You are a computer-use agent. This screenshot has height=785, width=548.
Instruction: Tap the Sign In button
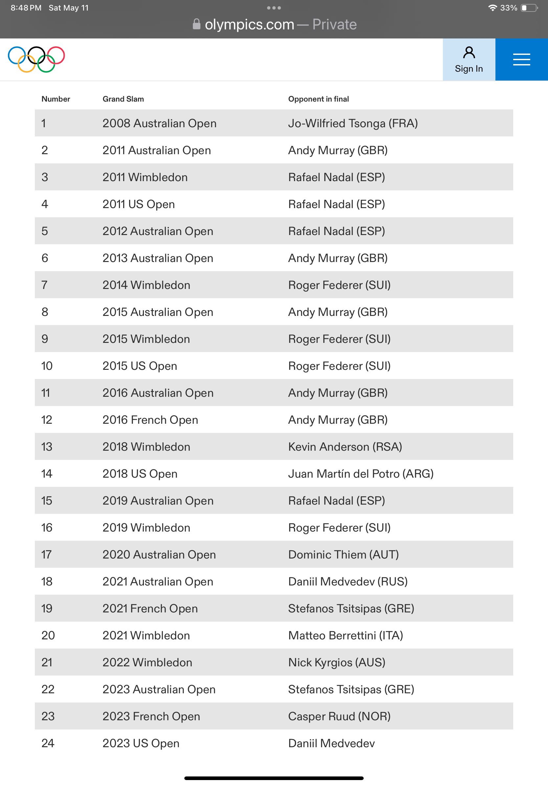tap(469, 59)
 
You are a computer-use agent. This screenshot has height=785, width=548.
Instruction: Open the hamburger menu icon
tap(521, 59)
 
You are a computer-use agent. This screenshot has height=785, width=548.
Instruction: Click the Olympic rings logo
tap(36, 59)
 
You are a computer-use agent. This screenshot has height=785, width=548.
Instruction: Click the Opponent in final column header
tap(318, 99)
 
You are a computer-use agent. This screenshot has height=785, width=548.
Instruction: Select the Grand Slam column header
tap(123, 99)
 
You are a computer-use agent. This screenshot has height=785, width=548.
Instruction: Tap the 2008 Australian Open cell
tap(159, 123)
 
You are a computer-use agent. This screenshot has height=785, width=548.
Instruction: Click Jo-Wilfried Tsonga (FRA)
tap(353, 123)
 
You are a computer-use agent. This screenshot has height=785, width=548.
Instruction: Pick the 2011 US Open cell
tap(138, 204)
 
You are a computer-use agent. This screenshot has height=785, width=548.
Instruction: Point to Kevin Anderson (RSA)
tap(345, 447)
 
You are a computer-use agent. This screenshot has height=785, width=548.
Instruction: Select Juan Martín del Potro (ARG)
tap(360, 474)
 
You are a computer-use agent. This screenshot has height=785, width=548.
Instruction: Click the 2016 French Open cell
tap(150, 420)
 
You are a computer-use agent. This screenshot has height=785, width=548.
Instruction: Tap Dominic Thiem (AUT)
tap(343, 555)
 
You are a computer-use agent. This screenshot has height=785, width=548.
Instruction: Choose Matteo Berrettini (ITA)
tap(345, 635)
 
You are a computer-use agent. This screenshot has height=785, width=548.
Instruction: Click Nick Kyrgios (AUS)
tap(336, 663)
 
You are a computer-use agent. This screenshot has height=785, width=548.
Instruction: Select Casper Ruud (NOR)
tap(339, 716)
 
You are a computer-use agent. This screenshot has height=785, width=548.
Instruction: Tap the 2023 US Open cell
tap(141, 743)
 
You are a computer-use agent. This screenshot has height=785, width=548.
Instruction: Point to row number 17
tap(46, 555)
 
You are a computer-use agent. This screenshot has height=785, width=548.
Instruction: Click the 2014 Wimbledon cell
tap(146, 285)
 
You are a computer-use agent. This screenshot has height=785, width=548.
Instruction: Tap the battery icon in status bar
tap(529, 8)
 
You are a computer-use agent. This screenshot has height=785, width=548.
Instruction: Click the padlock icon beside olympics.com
tap(196, 24)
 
